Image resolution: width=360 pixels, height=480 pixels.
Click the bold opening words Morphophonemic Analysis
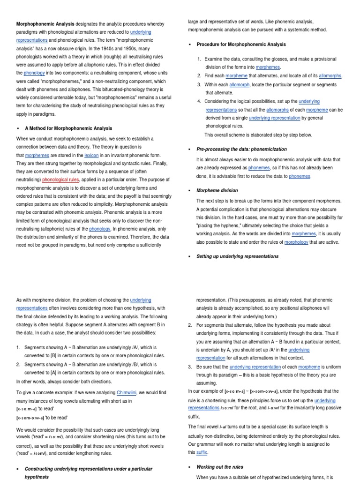45,24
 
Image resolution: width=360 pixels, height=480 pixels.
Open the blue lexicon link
91,155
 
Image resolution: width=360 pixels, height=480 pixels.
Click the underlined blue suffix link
202,452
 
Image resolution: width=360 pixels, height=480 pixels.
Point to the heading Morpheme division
217,190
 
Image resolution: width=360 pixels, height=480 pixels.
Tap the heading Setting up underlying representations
237,256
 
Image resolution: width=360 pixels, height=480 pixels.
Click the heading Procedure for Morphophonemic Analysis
241,45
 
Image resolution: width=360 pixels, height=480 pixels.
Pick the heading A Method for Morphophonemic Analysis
68,128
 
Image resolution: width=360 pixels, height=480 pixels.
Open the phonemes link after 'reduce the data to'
300,176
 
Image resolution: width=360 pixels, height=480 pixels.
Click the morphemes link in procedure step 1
268,67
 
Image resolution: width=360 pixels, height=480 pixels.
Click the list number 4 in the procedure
199,101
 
